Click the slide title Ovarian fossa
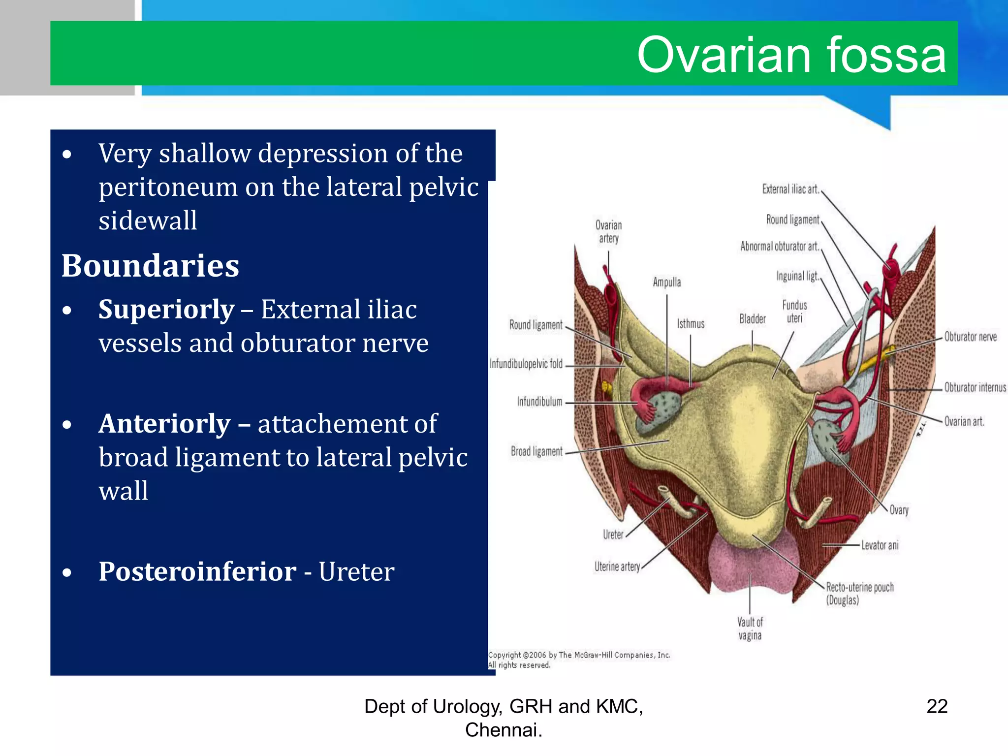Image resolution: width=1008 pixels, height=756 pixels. coord(791,55)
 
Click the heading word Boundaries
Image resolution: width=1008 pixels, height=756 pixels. coord(150,266)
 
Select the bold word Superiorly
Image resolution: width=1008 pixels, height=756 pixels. coord(166,309)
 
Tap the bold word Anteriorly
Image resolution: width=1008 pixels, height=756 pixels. coord(164,423)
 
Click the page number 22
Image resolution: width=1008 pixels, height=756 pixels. coord(937,706)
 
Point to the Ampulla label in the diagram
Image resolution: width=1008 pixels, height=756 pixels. coord(666,282)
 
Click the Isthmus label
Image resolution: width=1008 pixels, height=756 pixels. coord(690,323)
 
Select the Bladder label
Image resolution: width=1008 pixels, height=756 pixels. coord(752,319)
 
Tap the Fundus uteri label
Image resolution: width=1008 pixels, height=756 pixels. coord(794,311)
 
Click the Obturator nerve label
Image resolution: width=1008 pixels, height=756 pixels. coord(970,337)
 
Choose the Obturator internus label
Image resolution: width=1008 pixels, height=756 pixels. coord(975,387)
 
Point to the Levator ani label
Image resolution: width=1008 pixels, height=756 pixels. coord(880,545)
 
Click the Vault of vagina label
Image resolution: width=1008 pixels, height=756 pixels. coord(750,629)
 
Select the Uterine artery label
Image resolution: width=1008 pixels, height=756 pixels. coord(617,567)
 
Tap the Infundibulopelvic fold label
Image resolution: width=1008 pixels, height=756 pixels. coord(526,364)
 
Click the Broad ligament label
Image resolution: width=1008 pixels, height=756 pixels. coord(536,451)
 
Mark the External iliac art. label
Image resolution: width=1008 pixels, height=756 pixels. coord(790,189)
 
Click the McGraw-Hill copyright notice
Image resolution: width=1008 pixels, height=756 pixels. coord(578,660)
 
